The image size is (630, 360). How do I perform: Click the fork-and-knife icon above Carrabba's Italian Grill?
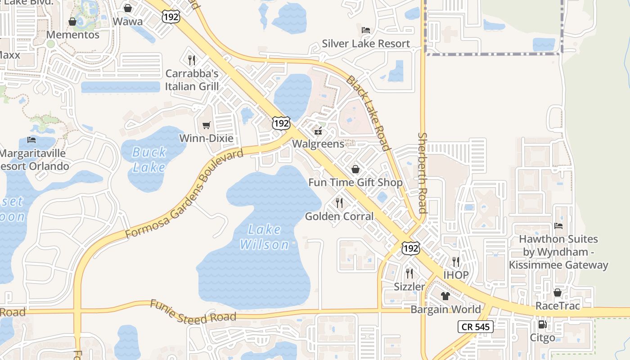pos(192,60)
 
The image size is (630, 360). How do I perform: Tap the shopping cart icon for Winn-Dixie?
pos(207,126)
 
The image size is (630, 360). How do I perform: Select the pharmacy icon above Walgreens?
pos(318,131)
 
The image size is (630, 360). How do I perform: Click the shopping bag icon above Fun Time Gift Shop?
pos(355,169)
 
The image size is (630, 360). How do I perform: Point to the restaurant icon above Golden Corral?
pos(339,203)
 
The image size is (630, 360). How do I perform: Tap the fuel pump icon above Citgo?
pos(542,324)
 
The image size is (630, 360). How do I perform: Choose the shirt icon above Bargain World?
pos(445,296)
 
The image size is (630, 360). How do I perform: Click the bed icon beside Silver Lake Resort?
pos(366,30)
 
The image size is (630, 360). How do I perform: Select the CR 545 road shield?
pos(476,327)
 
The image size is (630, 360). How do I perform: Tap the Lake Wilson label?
pos(265,237)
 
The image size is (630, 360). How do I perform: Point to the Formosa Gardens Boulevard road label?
pos(184,193)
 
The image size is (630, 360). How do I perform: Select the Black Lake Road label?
pos(368,112)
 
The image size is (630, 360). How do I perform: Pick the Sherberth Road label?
pos(422,172)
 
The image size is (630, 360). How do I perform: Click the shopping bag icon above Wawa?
pos(128,8)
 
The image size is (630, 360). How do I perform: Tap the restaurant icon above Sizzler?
pos(409,273)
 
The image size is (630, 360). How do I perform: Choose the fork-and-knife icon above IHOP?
pos(456,261)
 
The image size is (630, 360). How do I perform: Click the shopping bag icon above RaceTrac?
pos(558,292)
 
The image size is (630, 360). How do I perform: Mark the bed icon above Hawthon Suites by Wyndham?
pos(558,225)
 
